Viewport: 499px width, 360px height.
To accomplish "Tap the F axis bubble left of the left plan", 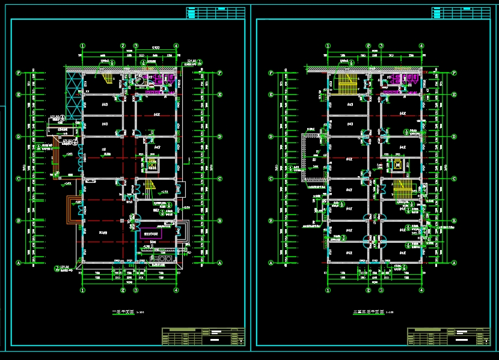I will (x=19, y=73).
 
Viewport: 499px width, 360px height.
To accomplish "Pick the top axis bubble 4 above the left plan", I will (x=176, y=46).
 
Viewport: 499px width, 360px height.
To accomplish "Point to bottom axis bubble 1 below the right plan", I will (x=328, y=290).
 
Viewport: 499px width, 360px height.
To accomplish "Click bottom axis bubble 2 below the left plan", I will (x=123, y=290).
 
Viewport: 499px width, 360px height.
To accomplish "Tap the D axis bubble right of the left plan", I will (x=220, y=137).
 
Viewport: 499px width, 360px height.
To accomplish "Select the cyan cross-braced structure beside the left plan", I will (x=73, y=96).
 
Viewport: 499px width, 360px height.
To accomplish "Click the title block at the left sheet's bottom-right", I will (x=203, y=336).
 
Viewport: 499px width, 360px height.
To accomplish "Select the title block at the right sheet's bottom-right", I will (x=448, y=336).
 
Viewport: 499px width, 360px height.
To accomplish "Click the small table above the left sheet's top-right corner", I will (x=215, y=13).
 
